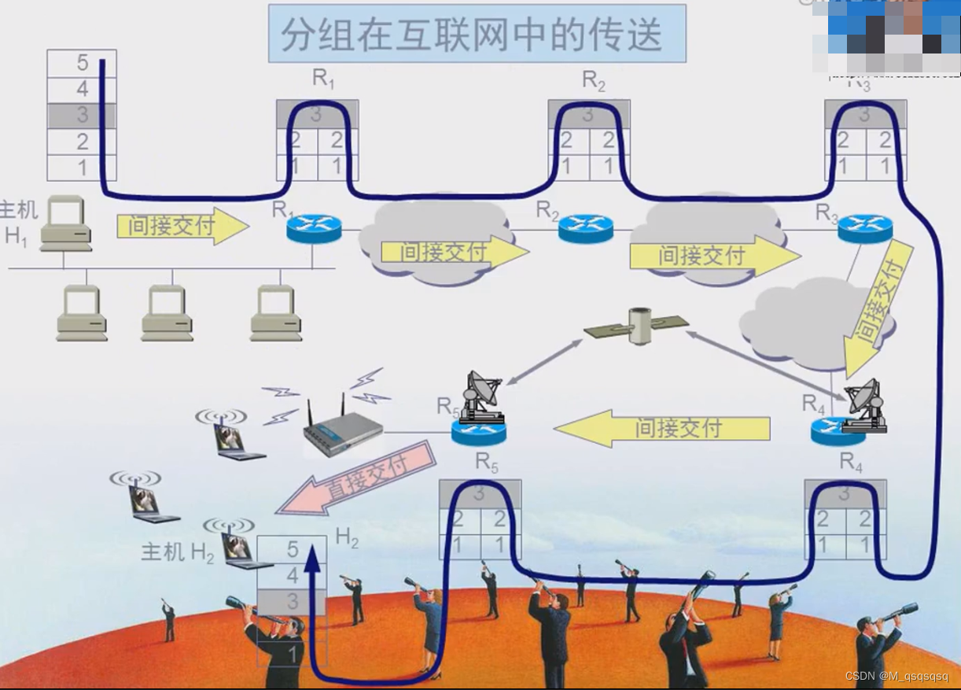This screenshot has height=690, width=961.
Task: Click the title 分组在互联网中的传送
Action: pyautogui.click(x=477, y=34)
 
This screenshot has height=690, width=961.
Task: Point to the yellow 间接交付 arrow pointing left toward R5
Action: pyautogui.click(x=661, y=428)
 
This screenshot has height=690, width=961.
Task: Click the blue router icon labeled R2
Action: pyautogui.click(x=585, y=228)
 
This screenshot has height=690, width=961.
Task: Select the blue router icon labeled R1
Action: pyautogui.click(x=314, y=228)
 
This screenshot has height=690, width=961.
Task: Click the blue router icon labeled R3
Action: pyautogui.click(x=864, y=228)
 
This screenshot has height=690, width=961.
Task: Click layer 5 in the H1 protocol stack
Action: pyautogui.click(x=82, y=63)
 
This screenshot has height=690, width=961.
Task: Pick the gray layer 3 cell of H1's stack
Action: pyautogui.click(x=82, y=116)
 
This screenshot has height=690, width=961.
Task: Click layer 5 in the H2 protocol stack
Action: pyautogui.click(x=293, y=548)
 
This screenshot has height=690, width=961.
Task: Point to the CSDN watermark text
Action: pyautogui.click(x=896, y=677)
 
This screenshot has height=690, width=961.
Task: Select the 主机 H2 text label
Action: pyautogui.click(x=177, y=552)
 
